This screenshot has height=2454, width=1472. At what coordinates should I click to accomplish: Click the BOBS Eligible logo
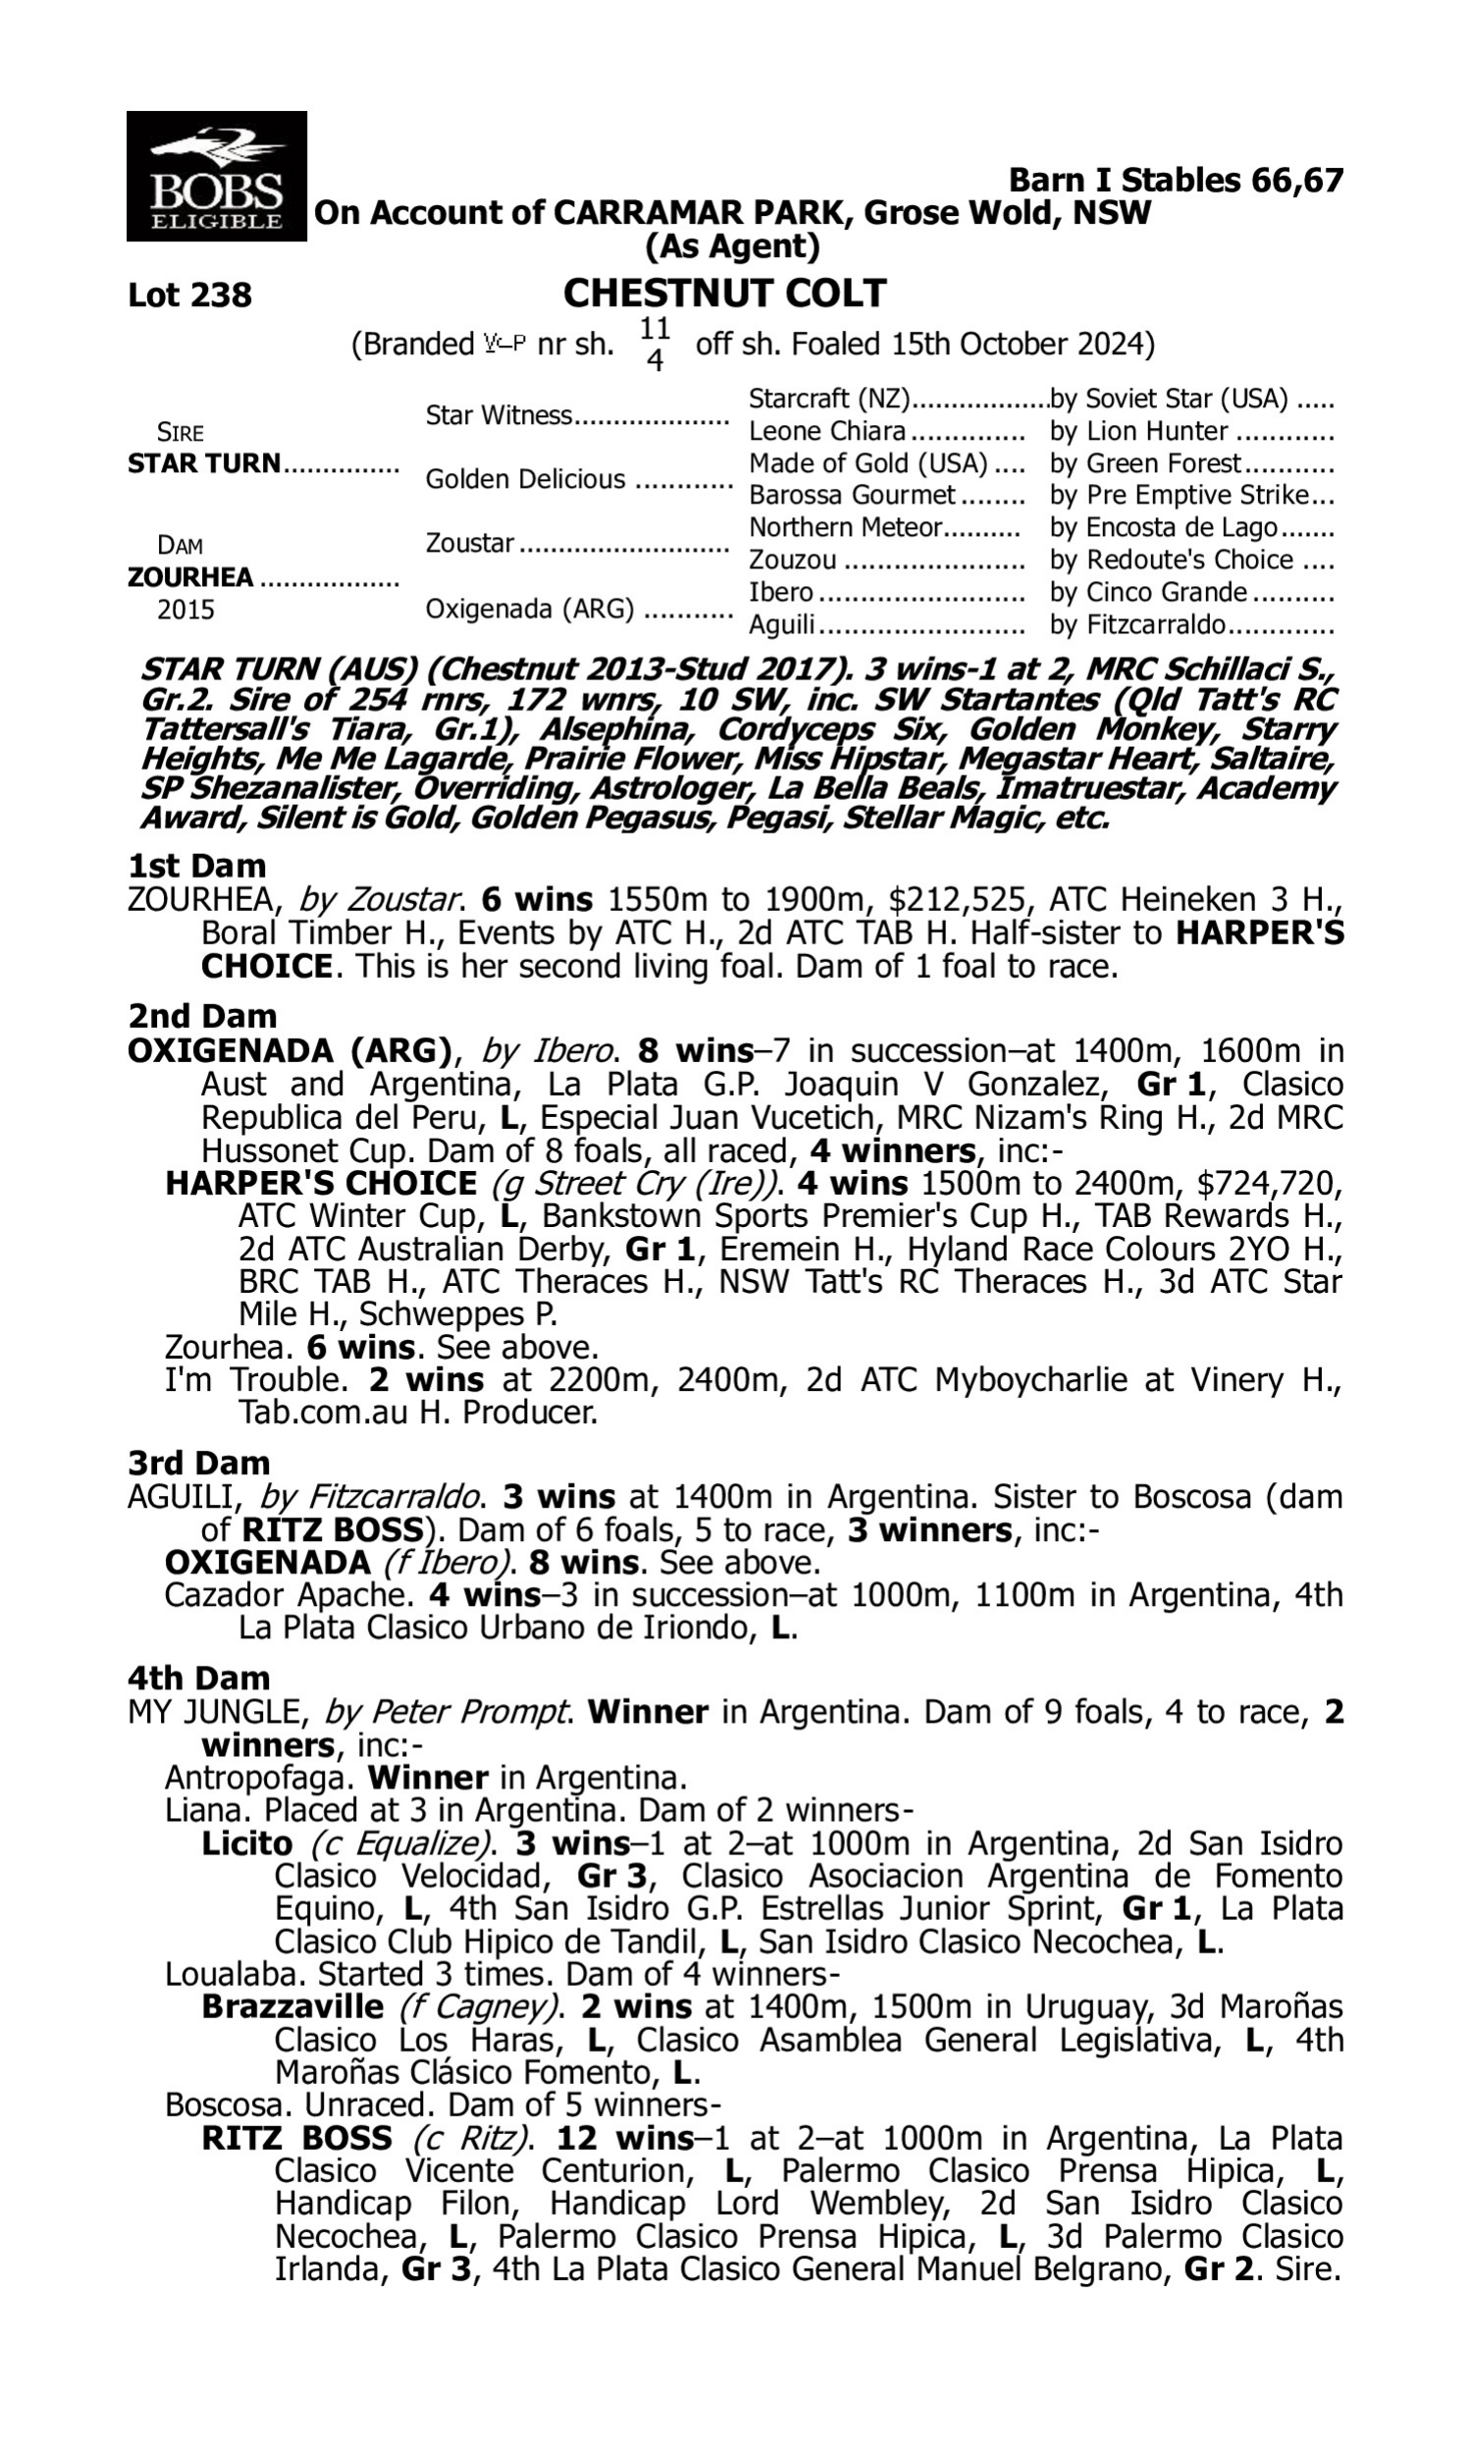(x=216, y=176)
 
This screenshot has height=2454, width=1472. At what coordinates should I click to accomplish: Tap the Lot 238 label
(x=189, y=295)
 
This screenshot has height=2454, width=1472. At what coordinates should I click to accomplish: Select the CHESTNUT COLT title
(x=724, y=293)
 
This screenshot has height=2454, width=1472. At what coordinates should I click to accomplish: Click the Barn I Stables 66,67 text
(x=1176, y=181)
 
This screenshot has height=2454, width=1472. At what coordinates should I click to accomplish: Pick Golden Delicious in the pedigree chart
(x=525, y=479)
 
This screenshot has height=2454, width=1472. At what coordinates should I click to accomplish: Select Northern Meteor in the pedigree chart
(x=844, y=528)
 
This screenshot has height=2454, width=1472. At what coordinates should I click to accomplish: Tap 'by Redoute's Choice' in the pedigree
(x=1171, y=560)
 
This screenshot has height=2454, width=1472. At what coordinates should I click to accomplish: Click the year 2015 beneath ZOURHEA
(x=185, y=610)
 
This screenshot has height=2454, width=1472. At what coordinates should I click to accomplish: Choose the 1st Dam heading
(x=196, y=866)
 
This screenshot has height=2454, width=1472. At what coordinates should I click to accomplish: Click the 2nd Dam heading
(x=201, y=1016)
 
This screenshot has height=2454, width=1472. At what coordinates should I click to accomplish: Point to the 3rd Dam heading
(x=198, y=1464)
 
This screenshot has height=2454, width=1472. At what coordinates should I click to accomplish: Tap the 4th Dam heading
(x=198, y=1679)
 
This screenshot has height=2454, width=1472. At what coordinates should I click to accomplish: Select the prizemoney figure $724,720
(x=1270, y=1184)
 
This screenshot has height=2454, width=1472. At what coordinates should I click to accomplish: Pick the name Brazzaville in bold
(x=291, y=2006)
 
